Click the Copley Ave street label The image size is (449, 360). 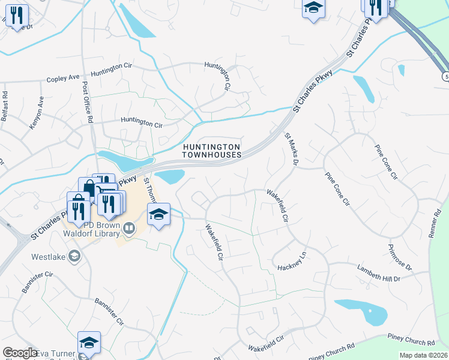click(63, 78)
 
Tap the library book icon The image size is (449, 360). click(128, 228)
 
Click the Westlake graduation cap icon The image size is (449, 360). click(73, 257)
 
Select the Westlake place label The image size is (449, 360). click(49, 257)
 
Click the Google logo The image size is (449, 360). click(20, 353)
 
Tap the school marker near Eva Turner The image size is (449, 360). click(89, 343)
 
